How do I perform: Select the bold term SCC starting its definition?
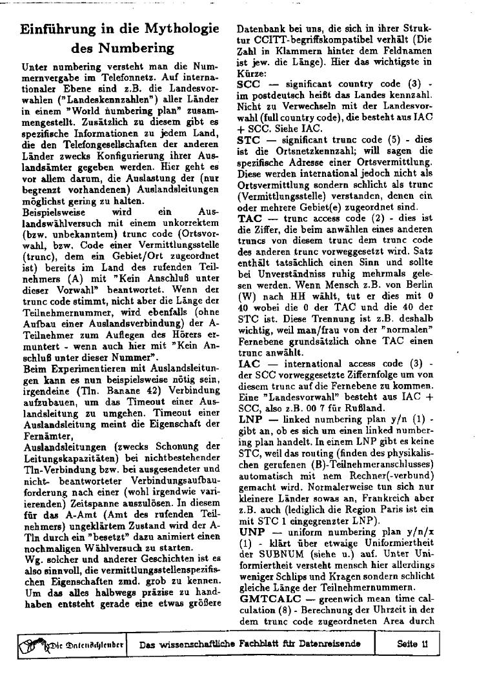pyautogui.click(x=248, y=84)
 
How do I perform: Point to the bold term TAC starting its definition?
pyautogui.click(x=249, y=219)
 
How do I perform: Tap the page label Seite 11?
pyautogui.click(x=412, y=643)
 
